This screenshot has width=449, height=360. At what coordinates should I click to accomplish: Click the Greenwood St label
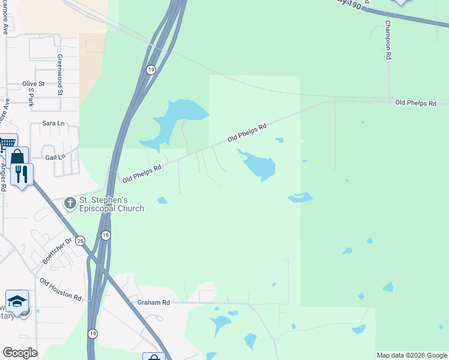point(60,75)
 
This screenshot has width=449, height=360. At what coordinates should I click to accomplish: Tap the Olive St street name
point(34,84)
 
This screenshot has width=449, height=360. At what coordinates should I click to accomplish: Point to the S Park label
point(31,97)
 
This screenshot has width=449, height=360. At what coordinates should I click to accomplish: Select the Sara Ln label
point(53,123)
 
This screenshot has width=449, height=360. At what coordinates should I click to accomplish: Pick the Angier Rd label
point(4,178)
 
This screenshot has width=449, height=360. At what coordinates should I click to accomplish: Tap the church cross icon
point(70,203)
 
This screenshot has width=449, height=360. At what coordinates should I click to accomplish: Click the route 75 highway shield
point(80,241)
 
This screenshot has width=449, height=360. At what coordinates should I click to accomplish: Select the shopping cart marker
point(7,143)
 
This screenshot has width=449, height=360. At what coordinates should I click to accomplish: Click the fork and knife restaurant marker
point(22,174)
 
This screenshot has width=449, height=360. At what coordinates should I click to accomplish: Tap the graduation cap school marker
point(17,301)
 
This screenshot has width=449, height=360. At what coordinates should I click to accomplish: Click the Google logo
point(20,353)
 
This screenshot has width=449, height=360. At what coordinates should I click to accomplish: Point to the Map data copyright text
point(411,355)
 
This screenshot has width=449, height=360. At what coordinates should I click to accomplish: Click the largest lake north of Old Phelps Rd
point(177,120)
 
